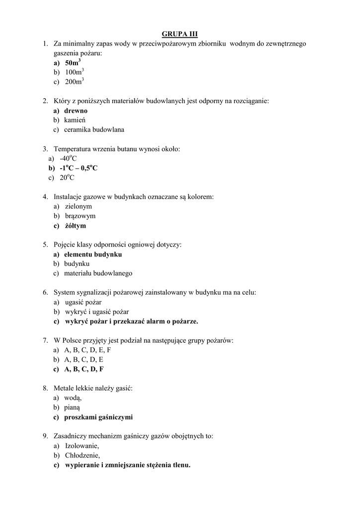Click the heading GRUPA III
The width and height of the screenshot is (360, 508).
(180, 34)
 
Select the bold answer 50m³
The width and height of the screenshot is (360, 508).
(72, 63)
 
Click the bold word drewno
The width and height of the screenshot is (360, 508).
(75, 111)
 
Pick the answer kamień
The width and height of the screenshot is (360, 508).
(76, 120)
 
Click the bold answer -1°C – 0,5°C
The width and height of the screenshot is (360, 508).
(78, 168)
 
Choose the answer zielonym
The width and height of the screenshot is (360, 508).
(78, 206)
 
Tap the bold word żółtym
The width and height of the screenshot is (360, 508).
(75, 226)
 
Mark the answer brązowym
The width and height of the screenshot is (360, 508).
(80, 216)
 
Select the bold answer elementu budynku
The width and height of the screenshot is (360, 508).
(93, 254)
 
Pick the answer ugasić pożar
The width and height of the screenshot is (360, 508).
(83, 302)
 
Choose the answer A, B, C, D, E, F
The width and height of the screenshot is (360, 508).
(88, 350)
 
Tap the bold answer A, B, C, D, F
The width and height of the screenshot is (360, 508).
(84, 369)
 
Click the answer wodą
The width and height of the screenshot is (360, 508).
(73, 398)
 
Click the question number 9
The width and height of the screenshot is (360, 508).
(45, 437)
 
